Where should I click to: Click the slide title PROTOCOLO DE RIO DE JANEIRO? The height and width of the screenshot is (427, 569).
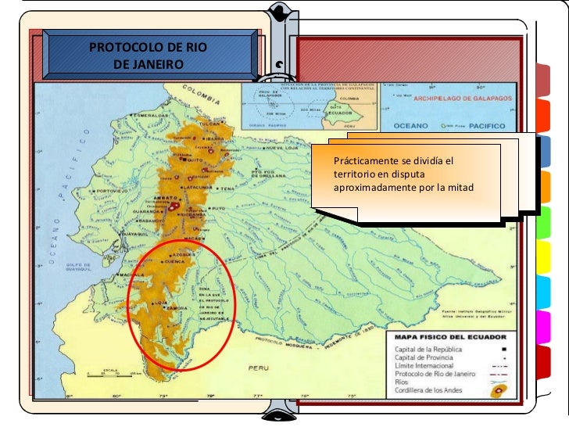click(x=148, y=56)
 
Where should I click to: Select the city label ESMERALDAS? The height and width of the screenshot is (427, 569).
click(x=152, y=116)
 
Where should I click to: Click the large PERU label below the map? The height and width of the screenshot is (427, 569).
click(x=258, y=366)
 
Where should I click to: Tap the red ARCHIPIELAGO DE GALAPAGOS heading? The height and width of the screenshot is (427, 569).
click(x=463, y=99)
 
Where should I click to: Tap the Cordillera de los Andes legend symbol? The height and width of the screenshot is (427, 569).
click(x=495, y=391)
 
